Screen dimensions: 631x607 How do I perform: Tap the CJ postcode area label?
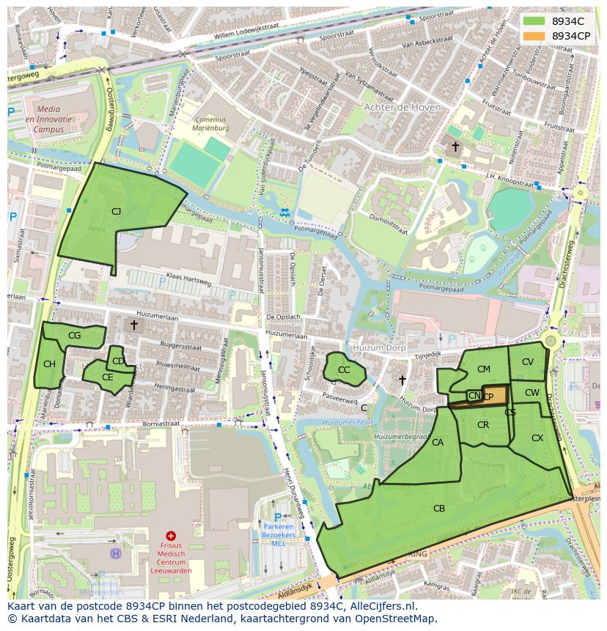(x=116, y=212)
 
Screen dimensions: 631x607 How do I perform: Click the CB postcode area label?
(x=439, y=508)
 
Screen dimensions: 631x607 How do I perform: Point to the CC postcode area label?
(x=344, y=370)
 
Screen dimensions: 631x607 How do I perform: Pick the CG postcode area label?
(x=74, y=336)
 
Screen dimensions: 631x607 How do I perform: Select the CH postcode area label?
(x=49, y=364)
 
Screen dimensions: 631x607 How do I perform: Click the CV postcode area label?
(x=528, y=362)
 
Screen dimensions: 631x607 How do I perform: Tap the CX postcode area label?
(x=537, y=438)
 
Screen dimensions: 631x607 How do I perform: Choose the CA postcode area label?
(x=438, y=443)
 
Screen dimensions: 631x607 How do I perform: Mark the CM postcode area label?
(x=483, y=369)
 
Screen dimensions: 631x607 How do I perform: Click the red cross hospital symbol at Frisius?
(x=171, y=536)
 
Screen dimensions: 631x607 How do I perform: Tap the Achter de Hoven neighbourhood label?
(x=402, y=107)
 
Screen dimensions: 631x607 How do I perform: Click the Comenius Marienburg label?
(x=211, y=123)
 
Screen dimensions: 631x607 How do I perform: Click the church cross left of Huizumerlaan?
(x=134, y=324)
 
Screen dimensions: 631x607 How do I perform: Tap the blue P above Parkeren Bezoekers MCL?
(x=278, y=517)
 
